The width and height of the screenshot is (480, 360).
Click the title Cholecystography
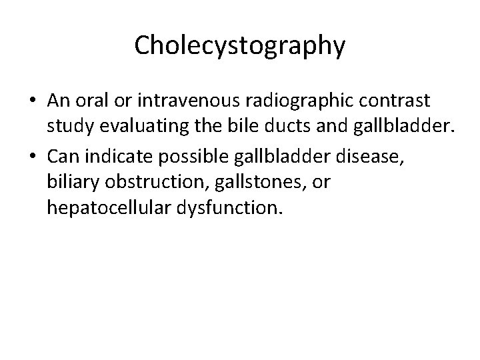[x=240, y=45]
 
